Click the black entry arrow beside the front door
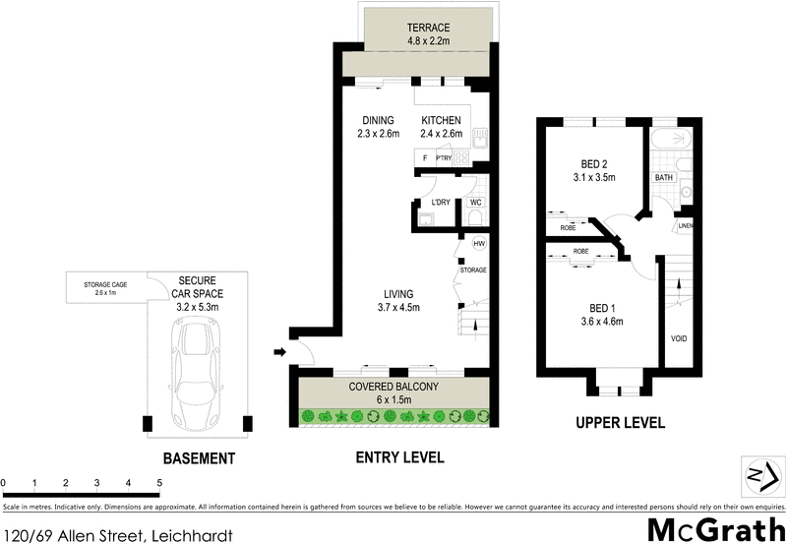coord(281,351)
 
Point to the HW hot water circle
coord(479,244)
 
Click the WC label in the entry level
coord(476,203)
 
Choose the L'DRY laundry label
coord(440,203)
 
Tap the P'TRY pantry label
coord(443,157)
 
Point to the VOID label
coord(679,339)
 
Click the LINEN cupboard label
coord(685,227)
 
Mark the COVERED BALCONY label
coord(393,387)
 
